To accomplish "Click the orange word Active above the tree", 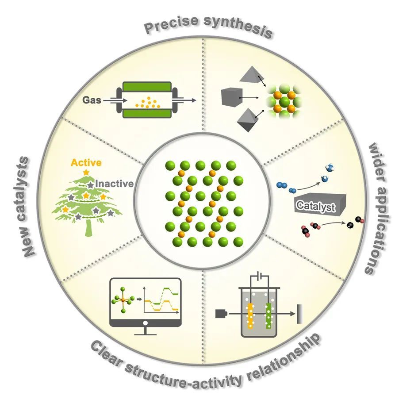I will coord(86,163).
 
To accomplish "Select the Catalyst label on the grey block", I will coord(315,206).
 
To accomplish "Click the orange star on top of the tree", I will coord(86,171).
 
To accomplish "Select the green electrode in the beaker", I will coord(268,315).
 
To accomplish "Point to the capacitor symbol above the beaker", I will coord(261,277).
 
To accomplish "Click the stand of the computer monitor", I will coord(146,330).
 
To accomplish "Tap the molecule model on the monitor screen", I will coord(123,300).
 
